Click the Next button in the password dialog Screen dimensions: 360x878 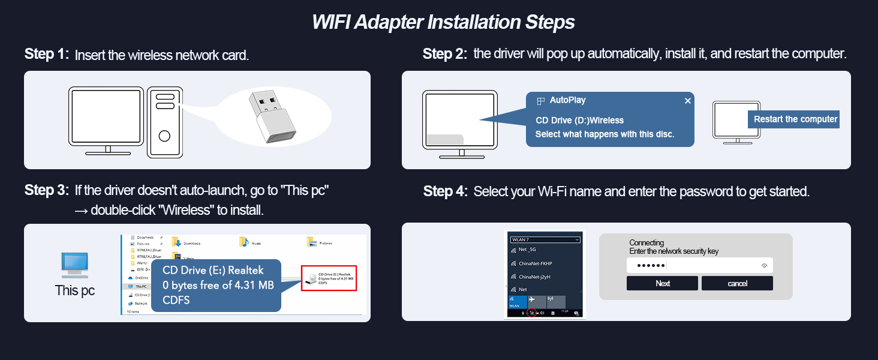(x=662, y=283)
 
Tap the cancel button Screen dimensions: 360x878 (x=737, y=283)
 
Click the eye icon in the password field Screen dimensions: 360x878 (x=764, y=265)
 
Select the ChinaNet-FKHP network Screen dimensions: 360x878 (x=535, y=263)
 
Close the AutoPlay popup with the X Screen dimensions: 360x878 (x=687, y=101)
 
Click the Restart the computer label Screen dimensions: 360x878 (x=795, y=119)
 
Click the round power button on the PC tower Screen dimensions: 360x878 (x=164, y=136)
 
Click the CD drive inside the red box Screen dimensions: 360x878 (x=328, y=278)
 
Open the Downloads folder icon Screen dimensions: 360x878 (x=176, y=242)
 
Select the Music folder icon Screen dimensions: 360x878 (x=243, y=242)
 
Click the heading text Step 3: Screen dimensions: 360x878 (x=47, y=191)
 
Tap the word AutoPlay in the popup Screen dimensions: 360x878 (x=567, y=100)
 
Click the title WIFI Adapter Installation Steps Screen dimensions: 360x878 (x=443, y=22)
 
